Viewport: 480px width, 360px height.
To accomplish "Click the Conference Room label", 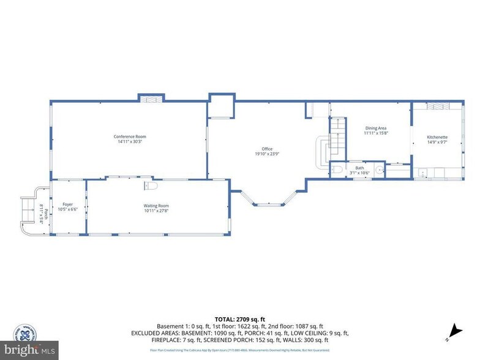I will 130,137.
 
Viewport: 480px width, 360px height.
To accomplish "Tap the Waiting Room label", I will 156,206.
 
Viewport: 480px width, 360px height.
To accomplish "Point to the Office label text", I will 267,149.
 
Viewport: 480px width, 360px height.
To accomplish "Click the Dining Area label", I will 376,128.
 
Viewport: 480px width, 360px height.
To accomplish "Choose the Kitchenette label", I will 437,137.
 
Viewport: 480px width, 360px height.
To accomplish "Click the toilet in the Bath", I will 337,170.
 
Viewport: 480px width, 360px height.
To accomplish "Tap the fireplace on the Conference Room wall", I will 151,98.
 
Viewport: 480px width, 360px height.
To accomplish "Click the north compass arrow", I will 454,329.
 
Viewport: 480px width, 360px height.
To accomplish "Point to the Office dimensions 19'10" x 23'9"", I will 267,154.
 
